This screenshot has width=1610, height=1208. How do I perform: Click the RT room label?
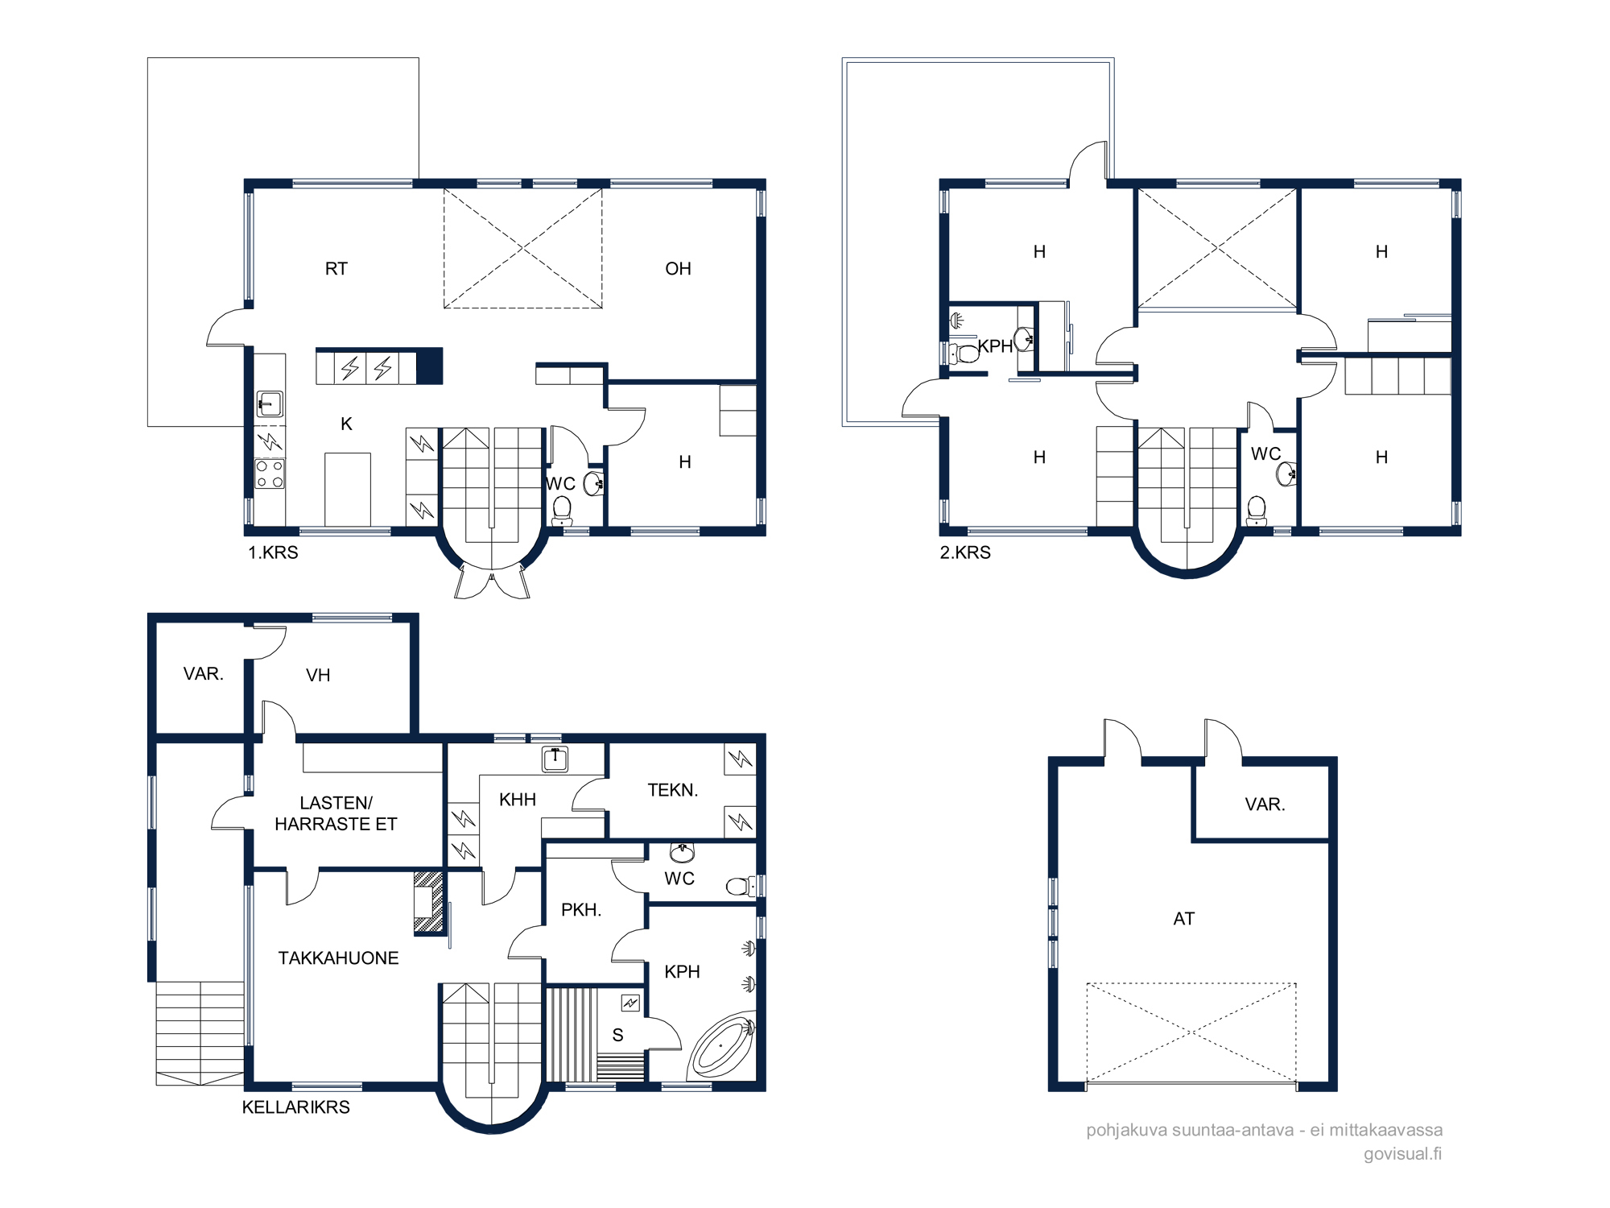pyautogui.click(x=336, y=269)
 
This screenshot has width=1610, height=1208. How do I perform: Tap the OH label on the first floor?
pyautogui.click(x=678, y=269)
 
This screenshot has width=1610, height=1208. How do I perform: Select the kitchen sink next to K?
pyautogui.click(x=269, y=403)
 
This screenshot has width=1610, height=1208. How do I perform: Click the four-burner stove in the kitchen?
pyautogui.click(x=270, y=474)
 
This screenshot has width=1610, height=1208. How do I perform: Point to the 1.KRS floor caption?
pyautogui.click(x=273, y=552)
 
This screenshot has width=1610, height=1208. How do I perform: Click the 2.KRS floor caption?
pyautogui.click(x=965, y=552)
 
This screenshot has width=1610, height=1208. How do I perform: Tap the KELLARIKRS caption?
pyautogui.click(x=296, y=1107)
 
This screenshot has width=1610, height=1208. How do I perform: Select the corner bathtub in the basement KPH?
pyautogui.click(x=722, y=1046)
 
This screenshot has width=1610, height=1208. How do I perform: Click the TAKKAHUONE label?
pyautogui.click(x=338, y=958)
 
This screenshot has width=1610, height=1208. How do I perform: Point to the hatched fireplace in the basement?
pyautogui.click(x=428, y=902)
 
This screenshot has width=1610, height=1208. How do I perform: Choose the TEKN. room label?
pyautogui.click(x=673, y=790)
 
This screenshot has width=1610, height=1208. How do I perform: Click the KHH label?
pyautogui.click(x=518, y=800)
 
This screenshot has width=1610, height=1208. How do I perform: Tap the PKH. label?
pyautogui.click(x=581, y=910)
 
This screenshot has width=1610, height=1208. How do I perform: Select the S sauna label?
pyautogui.click(x=617, y=1036)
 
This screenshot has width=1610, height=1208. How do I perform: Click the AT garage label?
pyautogui.click(x=1183, y=919)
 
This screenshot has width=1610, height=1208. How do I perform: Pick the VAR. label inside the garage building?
pyautogui.click(x=1265, y=805)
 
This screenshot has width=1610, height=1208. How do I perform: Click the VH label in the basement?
pyautogui.click(x=318, y=676)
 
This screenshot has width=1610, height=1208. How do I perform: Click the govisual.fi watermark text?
pyautogui.click(x=1402, y=1154)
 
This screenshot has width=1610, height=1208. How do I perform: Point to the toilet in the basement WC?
pyautogui.click(x=741, y=887)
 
